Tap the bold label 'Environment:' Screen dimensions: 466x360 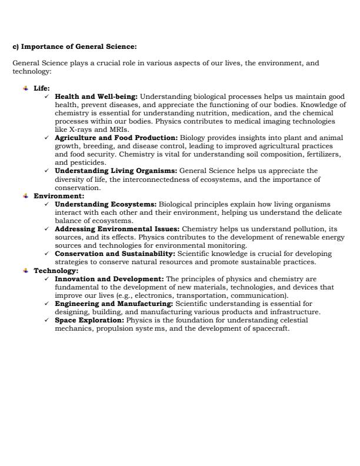pyautogui.click(x=59, y=196)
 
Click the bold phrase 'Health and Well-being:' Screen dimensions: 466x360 pyautogui.click(x=96, y=95)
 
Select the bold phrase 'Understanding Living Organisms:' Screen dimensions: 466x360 pyautogui.click(x=115, y=171)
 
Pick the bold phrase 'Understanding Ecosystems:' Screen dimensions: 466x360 pyautogui.click(x=105, y=204)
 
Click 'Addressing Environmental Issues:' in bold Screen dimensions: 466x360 pyautogui.click(x=118, y=229)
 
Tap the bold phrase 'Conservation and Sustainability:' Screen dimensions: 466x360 pyautogui.click(x=115, y=254)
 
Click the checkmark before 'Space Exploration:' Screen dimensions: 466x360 pyautogui.click(x=46, y=320)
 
